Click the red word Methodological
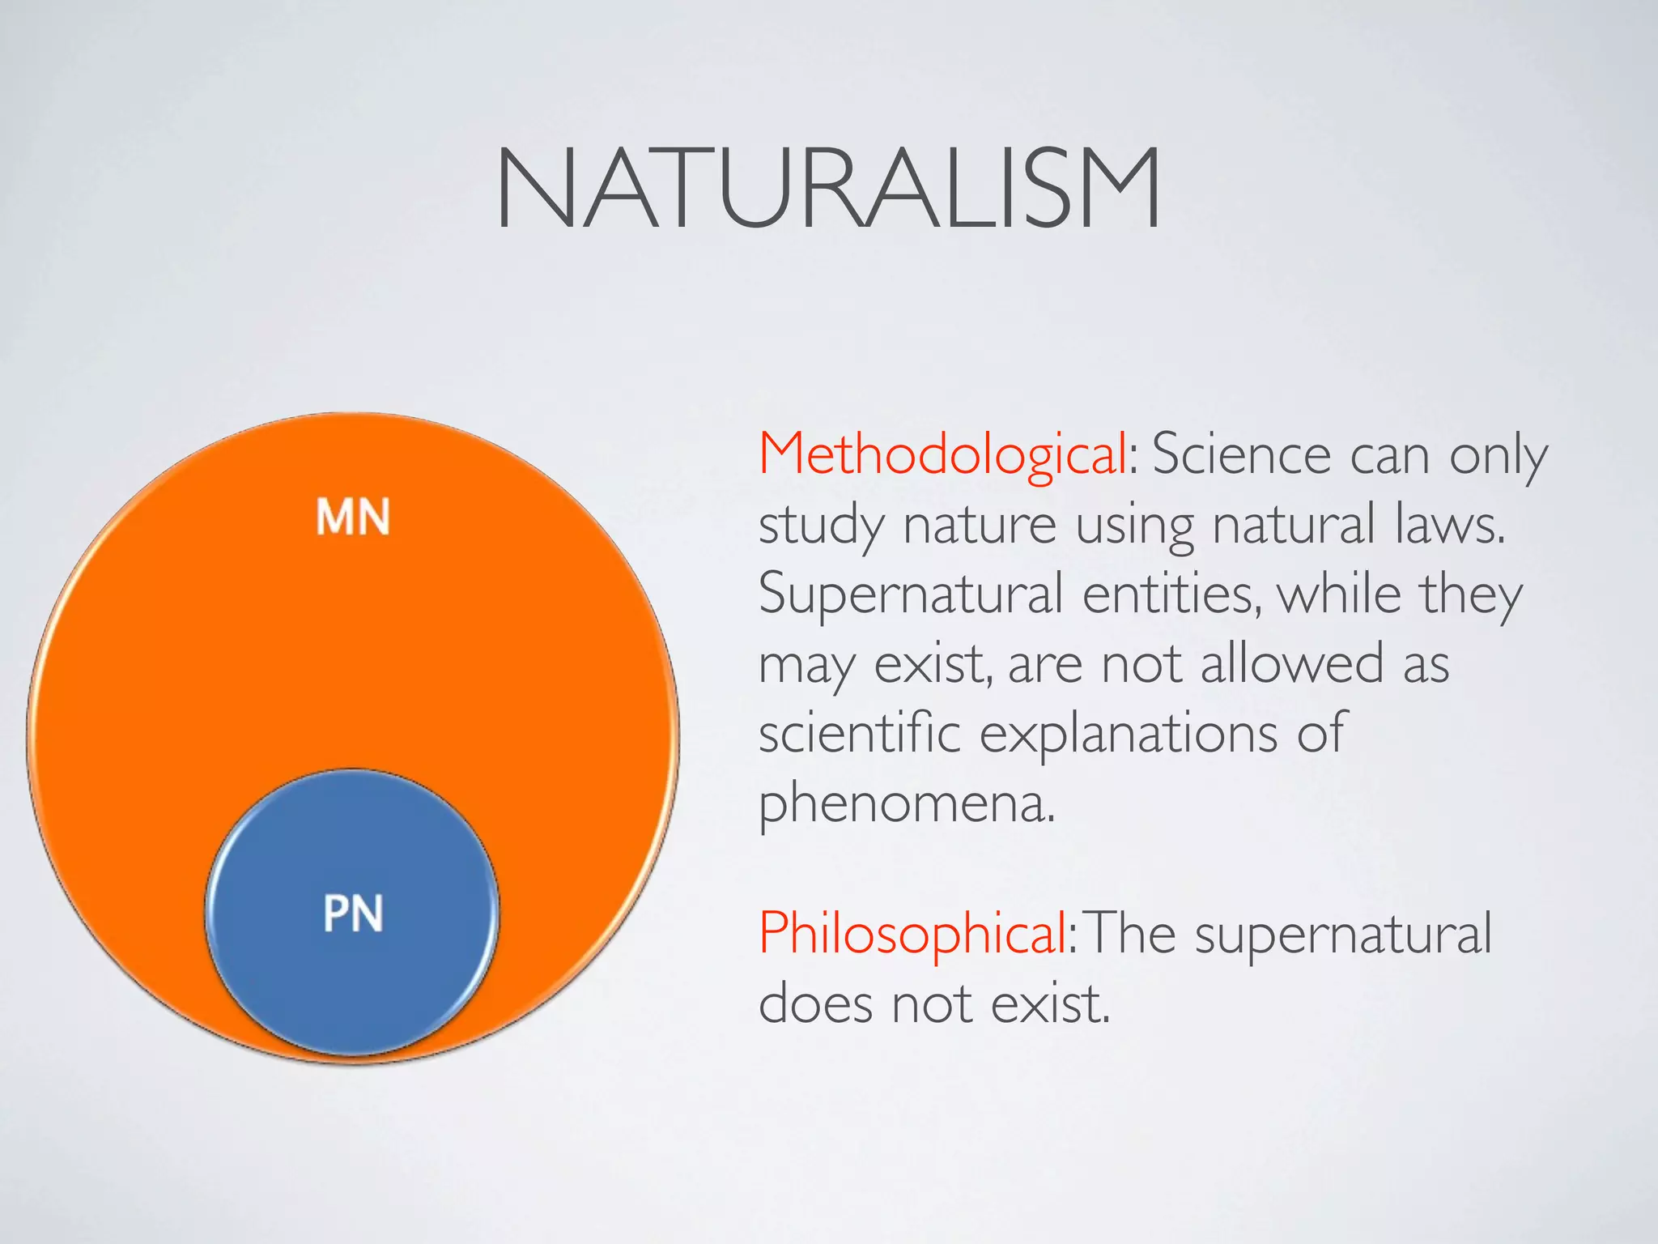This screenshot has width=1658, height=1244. click(x=942, y=454)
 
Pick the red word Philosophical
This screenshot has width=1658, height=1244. click(x=913, y=934)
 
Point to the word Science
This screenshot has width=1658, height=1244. click(x=1240, y=454)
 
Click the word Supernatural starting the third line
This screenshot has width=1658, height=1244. click(x=910, y=595)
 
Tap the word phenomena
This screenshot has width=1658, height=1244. click(x=906, y=804)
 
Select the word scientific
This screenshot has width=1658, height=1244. click(x=859, y=734)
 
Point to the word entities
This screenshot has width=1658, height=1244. click(x=1171, y=595)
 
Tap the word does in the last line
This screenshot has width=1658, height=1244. click(x=816, y=1004)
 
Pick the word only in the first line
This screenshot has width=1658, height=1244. click(x=1498, y=456)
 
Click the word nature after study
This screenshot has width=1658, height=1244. click(x=979, y=525)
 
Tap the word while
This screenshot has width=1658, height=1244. click(x=1338, y=594)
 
